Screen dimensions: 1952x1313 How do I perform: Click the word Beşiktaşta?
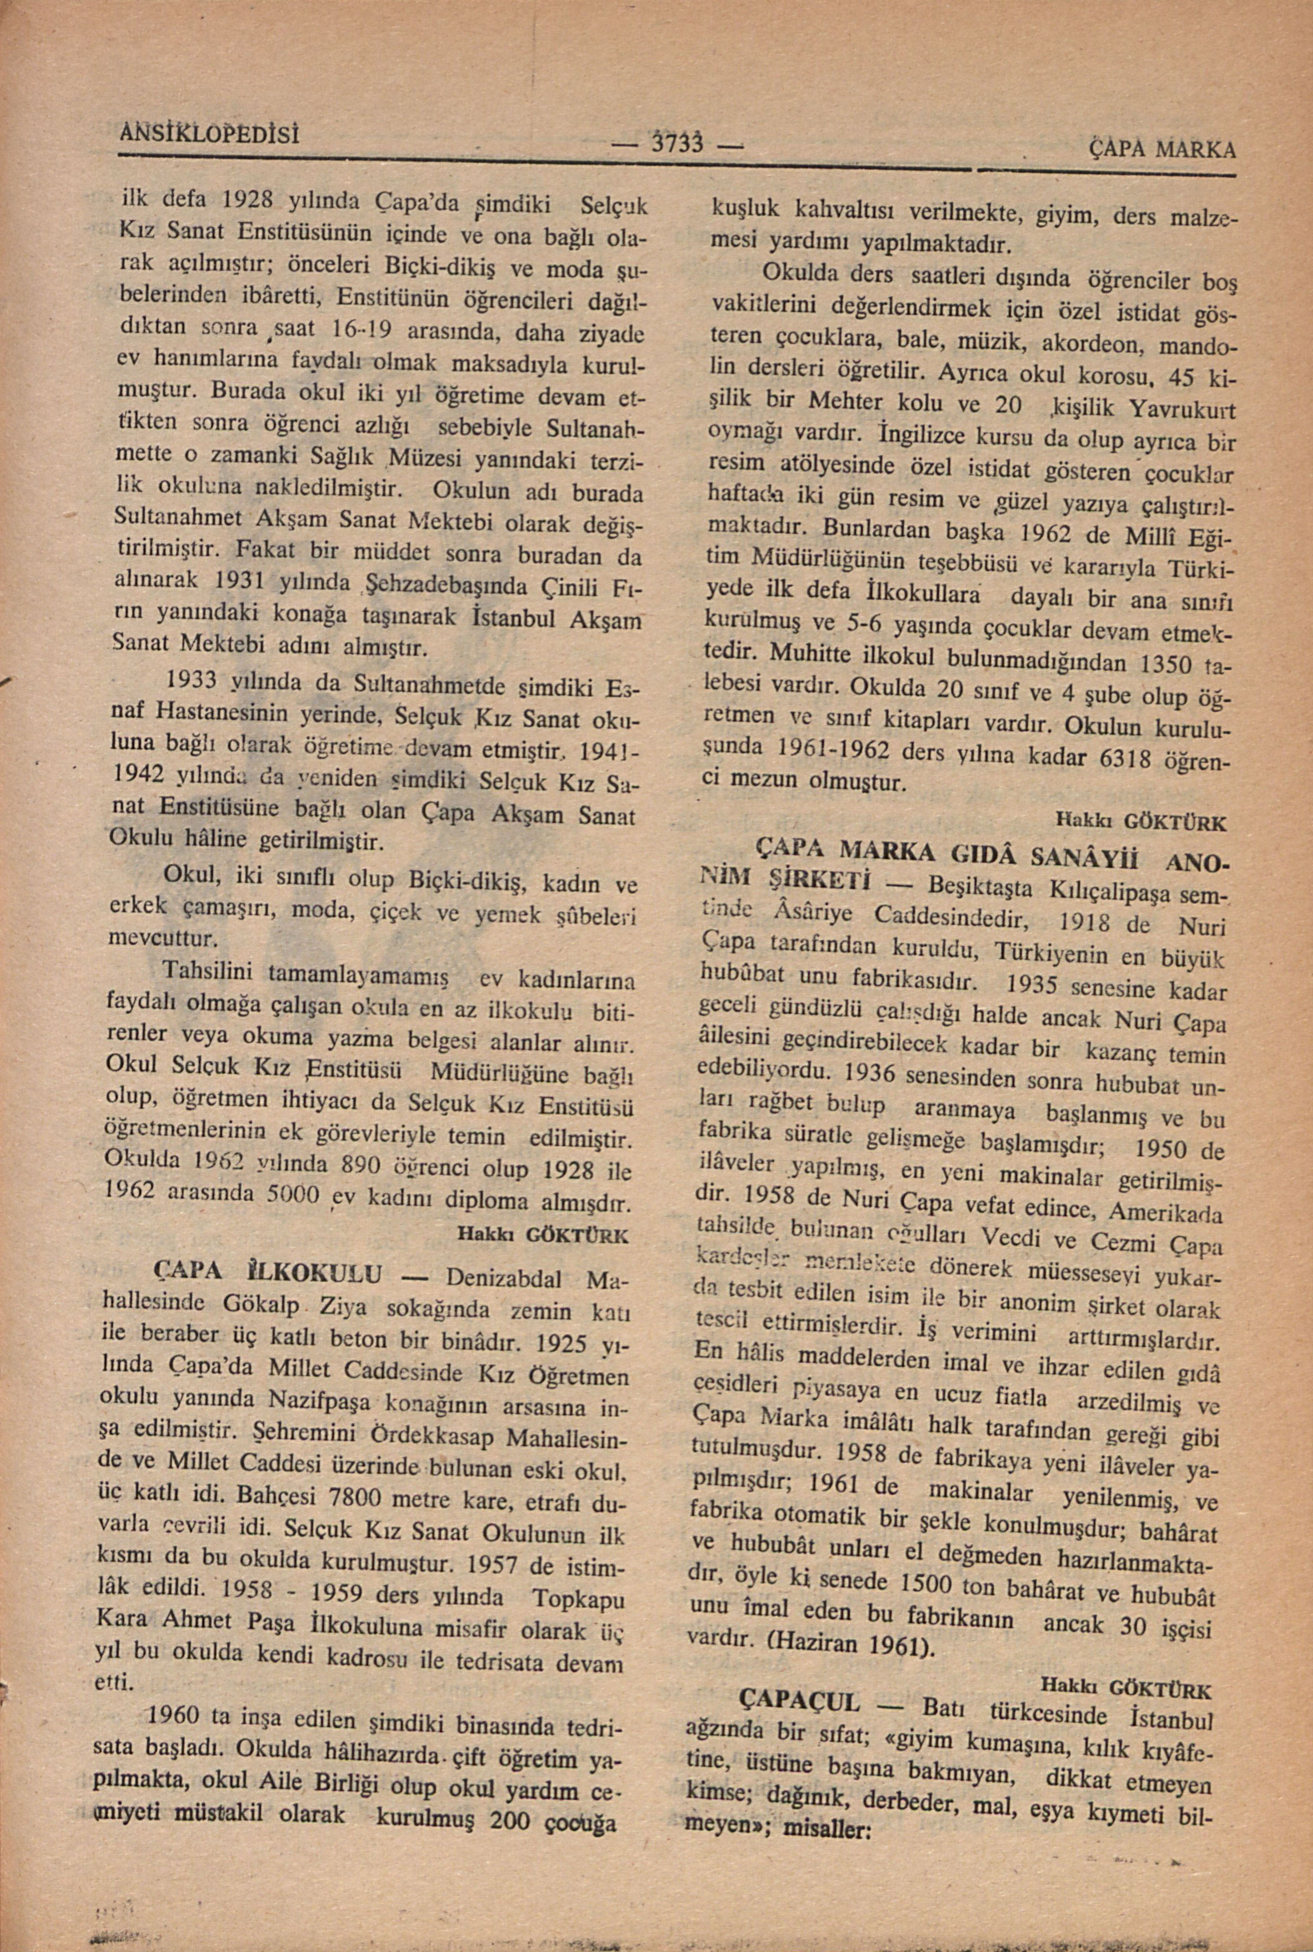[979, 885]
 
